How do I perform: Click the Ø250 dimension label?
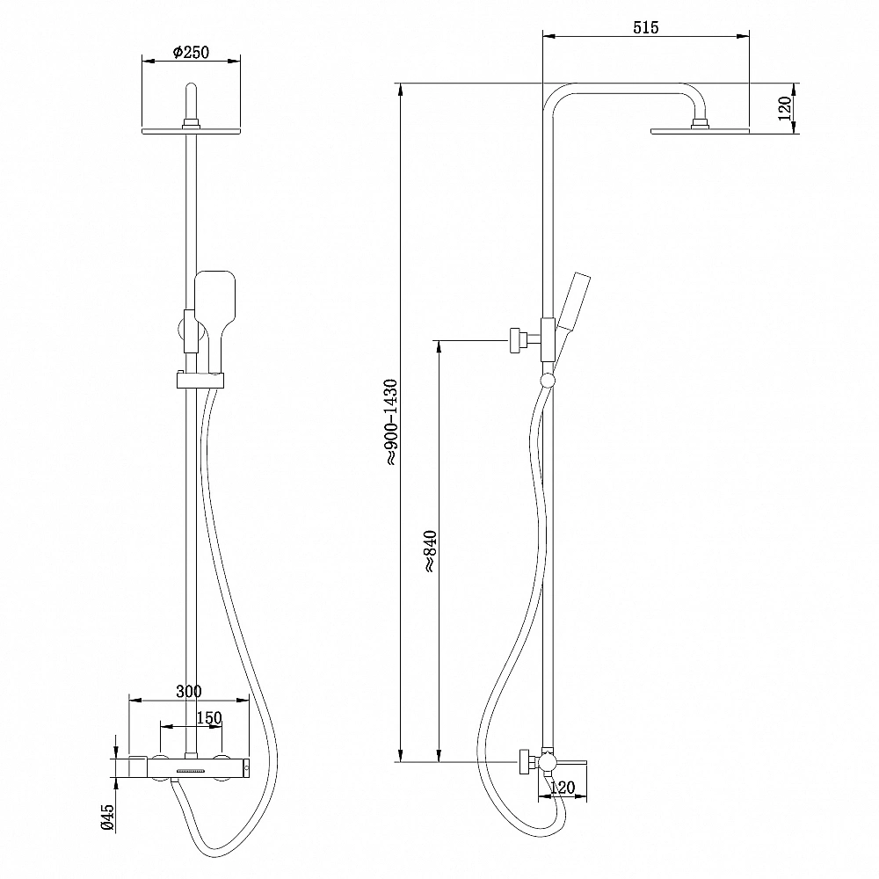click(x=191, y=52)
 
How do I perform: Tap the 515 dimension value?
click(x=646, y=27)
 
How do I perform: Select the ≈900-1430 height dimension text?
click(x=391, y=423)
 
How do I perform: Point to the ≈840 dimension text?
click(x=431, y=551)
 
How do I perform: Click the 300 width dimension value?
click(x=189, y=691)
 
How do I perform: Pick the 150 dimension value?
click(x=209, y=717)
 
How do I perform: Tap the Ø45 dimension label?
click(x=107, y=817)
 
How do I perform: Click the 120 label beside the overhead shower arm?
click(x=785, y=108)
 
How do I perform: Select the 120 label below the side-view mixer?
click(x=563, y=788)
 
